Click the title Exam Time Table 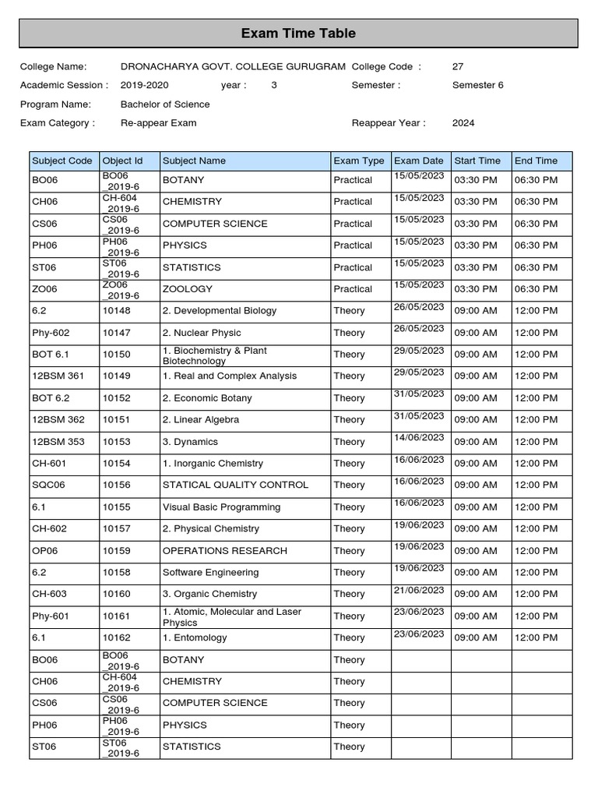click(x=298, y=34)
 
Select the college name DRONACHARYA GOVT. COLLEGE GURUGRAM click(x=233, y=67)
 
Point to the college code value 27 click(x=458, y=67)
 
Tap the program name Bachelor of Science click(x=165, y=104)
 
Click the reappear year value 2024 click(x=463, y=123)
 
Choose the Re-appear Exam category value click(x=159, y=123)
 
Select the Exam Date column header click(x=419, y=161)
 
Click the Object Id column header click(x=123, y=161)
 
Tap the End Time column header click(x=536, y=161)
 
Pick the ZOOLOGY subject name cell click(x=187, y=289)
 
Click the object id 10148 click(x=117, y=311)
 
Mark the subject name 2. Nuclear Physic click(x=202, y=333)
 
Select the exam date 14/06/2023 click(x=419, y=438)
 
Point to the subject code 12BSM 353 click(x=58, y=442)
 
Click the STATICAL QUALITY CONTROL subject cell click(x=235, y=485)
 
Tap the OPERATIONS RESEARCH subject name click(x=224, y=551)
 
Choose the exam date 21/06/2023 click(x=419, y=590)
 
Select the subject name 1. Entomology click(x=195, y=637)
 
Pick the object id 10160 click(x=117, y=594)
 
